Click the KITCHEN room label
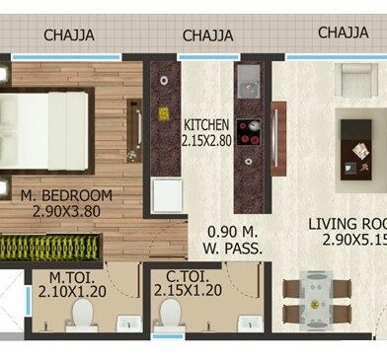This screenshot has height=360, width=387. (x=206, y=125)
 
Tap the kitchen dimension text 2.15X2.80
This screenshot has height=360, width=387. (x=206, y=140)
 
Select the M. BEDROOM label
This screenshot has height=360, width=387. (x=66, y=195)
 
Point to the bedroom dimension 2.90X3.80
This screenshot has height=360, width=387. (x=66, y=211)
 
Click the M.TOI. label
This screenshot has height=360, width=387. (x=72, y=278)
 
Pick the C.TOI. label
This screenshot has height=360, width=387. (x=188, y=277)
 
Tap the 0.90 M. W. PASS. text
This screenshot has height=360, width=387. (x=232, y=241)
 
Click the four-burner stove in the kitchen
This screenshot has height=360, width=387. (x=249, y=132)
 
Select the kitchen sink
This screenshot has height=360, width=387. (x=249, y=82)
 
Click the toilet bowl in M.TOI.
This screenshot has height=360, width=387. (x=82, y=316)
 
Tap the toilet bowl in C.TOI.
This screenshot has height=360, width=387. (x=170, y=316)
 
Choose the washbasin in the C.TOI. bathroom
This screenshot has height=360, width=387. (x=251, y=324)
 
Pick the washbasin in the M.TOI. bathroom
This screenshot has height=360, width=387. (x=129, y=324)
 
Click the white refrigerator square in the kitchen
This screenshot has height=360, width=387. (x=168, y=196)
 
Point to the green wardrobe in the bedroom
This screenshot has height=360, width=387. (x=49, y=248)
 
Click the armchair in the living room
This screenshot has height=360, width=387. (x=356, y=80)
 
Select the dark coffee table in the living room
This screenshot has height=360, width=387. (x=356, y=150)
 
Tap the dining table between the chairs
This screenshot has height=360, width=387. (x=316, y=301)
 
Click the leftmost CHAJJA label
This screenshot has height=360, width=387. (x=69, y=36)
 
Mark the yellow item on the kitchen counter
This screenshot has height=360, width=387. (x=164, y=114)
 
